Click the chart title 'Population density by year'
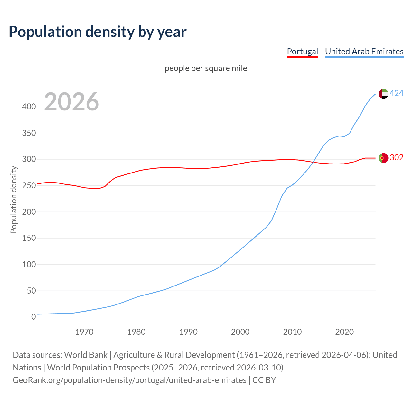coord(98,32)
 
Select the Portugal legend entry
coord(302,51)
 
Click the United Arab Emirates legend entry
coord(364,51)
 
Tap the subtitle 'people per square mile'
coord(206,69)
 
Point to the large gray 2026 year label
coord(71,102)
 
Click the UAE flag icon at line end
coord(383,94)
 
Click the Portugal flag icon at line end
coord(383,158)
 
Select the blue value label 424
coord(397,93)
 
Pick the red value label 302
coord(397,158)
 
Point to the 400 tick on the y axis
coord(29,107)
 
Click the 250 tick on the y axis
coord(29,186)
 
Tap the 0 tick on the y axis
coord(33,317)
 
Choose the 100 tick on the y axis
coord(29,265)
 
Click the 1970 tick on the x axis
coord(84,332)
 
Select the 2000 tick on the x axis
coord(240,332)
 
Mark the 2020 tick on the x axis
coord(344,332)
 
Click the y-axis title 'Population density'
coord(14,200)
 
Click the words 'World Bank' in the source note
coord(86,355)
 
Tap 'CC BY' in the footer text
coord(264,380)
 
